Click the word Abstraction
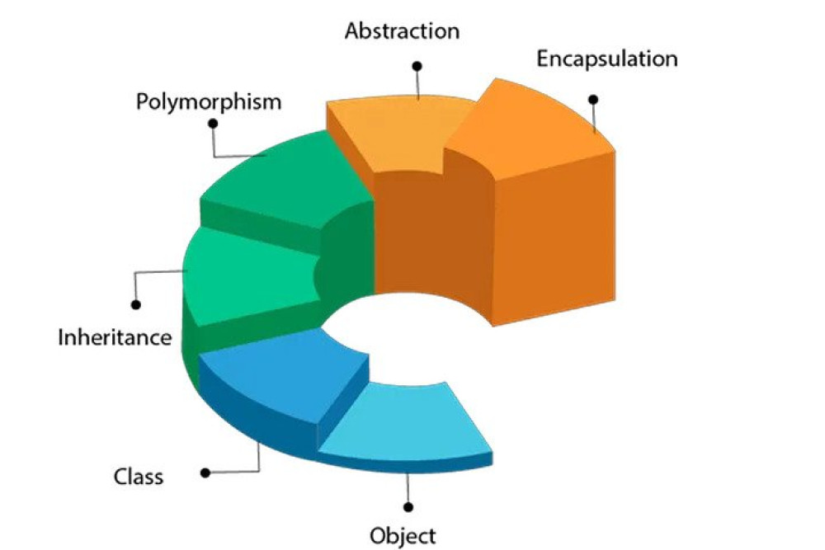402,31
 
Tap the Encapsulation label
606,59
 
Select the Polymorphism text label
209,102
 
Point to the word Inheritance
115,337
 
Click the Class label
138,477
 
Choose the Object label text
403,536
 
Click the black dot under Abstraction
417,65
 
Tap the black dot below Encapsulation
592,99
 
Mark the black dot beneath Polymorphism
213,123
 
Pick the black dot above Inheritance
136,304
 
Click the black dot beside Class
205,473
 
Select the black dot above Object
408,506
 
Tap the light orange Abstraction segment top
396,132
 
